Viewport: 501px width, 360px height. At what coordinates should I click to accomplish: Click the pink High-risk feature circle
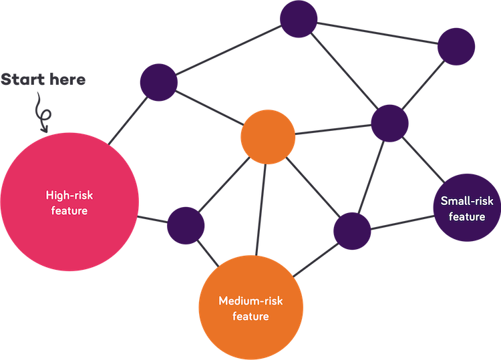click(69, 202)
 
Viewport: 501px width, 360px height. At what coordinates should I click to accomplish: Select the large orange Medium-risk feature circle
click(251, 308)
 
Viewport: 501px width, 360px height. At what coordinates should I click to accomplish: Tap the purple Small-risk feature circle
click(467, 208)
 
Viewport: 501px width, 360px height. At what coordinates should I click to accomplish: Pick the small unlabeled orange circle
click(268, 137)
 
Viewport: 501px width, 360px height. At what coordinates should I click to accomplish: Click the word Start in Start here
click(22, 79)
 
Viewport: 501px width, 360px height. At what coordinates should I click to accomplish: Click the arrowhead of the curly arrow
click(44, 129)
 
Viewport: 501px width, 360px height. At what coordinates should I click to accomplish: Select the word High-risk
click(69, 195)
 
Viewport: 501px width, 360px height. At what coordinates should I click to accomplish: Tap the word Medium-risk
click(251, 301)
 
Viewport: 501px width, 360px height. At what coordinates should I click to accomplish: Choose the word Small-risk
click(467, 201)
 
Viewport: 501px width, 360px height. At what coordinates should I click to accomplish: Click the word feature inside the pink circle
click(69, 210)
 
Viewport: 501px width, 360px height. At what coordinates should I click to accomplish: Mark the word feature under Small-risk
click(467, 216)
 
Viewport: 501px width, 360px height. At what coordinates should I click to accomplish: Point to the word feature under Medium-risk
click(251, 316)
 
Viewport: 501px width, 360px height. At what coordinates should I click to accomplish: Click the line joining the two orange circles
click(261, 210)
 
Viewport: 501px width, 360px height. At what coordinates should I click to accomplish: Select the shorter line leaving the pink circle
click(152, 220)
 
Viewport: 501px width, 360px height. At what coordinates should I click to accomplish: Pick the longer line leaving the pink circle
click(128, 120)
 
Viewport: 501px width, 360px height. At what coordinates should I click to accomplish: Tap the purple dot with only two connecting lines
click(456, 47)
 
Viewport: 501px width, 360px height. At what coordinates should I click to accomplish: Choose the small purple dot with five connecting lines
click(390, 124)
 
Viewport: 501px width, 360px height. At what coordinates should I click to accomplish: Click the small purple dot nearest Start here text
click(159, 82)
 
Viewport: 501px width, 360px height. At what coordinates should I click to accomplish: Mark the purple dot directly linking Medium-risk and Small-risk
click(352, 231)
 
